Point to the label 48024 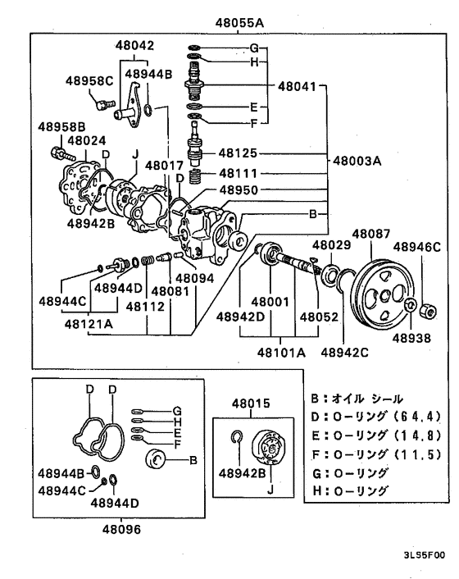point(87,140)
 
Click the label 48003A point(357,161)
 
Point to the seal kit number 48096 point(122,530)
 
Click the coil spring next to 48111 point(196,176)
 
